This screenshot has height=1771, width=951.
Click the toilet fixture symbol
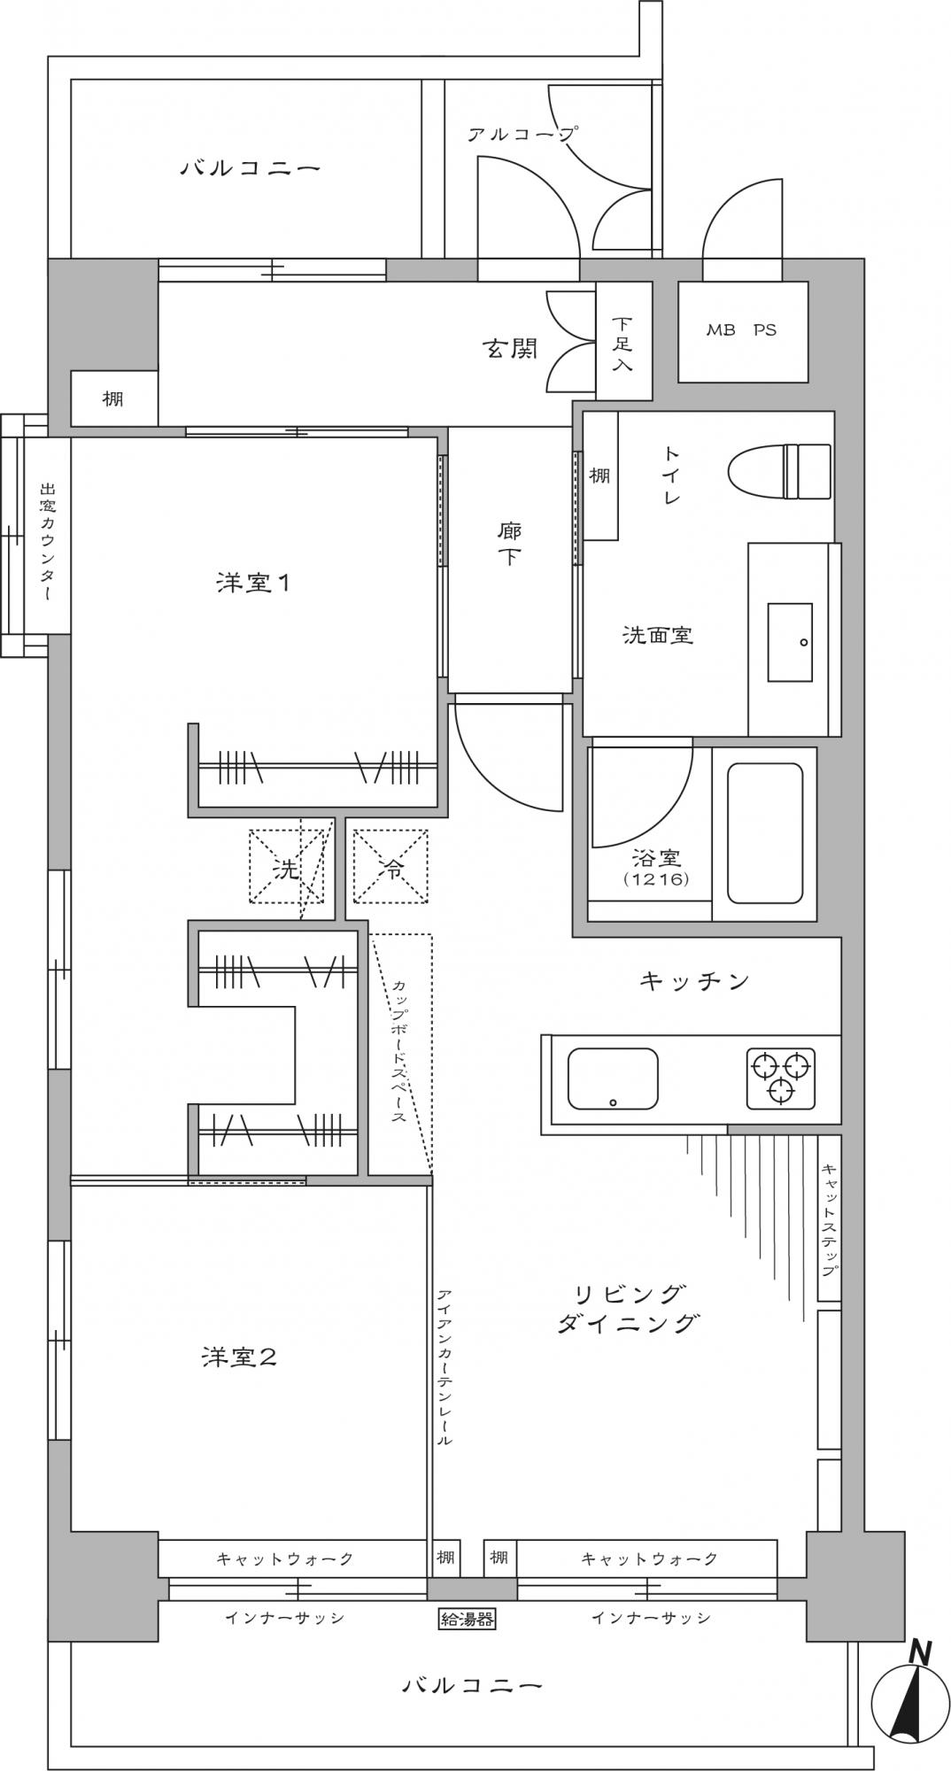pyautogui.click(x=779, y=471)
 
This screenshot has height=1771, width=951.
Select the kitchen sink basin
pyautogui.click(x=612, y=1078)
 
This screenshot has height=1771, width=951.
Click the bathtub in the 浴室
pyautogui.click(x=765, y=833)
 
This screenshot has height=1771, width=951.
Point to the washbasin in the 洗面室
pyautogui.click(x=790, y=642)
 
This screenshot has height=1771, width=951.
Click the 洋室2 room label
pyautogui.click(x=239, y=1357)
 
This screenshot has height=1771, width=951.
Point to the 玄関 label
pyautogui.click(x=510, y=348)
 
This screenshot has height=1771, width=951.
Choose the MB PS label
pyautogui.click(x=741, y=329)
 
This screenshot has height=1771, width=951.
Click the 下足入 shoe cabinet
pyautogui.click(x=623, y=341)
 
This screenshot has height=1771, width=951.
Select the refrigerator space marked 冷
pyautogui.click(x=390, y=867)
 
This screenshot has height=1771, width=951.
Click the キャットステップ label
pyautogui.click(x=829, y=1219)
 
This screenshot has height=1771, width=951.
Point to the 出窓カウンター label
pyautogui.click(x=47, y=541)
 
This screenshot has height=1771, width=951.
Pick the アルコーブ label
pyautogui.click(x=523, y=134)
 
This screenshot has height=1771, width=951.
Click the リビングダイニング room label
pyautogui.click(x=630, y=1308)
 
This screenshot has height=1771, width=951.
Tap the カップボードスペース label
pyautogui.click(x=398, y=1050)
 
